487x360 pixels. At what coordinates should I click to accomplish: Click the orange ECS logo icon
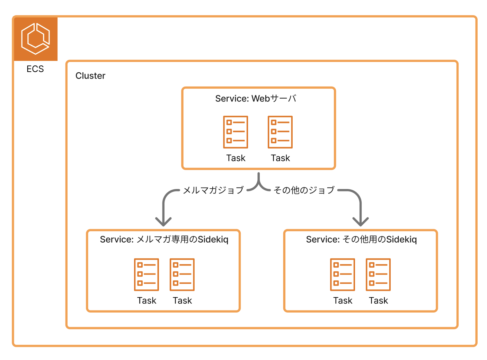tap(36, 39)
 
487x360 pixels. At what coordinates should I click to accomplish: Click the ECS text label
tap(35, 69)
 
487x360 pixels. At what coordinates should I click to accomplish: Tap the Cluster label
tap(90, 76)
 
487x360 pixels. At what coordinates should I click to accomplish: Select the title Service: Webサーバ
tap(256, 99)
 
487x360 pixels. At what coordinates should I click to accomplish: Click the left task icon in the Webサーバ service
tap(236, 132)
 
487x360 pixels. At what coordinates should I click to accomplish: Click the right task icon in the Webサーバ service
tap(280, 132)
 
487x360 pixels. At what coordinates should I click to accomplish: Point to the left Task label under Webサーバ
tap(236, 158)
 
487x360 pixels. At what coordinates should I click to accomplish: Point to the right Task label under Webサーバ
tap(280, 158)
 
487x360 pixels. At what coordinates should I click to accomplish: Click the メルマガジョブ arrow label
tap(213, 190)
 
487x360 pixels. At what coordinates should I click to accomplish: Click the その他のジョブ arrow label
tap(304, 190)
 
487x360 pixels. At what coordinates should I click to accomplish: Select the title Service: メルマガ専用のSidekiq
tap(164, 240)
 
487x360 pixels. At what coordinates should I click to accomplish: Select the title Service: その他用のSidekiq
tap(361, 240)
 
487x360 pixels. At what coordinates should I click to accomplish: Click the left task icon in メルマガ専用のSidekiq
tap(147, 274)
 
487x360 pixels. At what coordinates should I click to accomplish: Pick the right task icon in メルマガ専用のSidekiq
tap(182, 274)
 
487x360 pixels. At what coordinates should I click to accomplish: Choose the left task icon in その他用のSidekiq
tap(343, 274)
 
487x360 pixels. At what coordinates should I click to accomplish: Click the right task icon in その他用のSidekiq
tap(378, 274)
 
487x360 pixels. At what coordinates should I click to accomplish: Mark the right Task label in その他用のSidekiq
tap(378, 301)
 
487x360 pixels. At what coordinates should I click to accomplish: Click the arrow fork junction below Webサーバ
tap(259, 185)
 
